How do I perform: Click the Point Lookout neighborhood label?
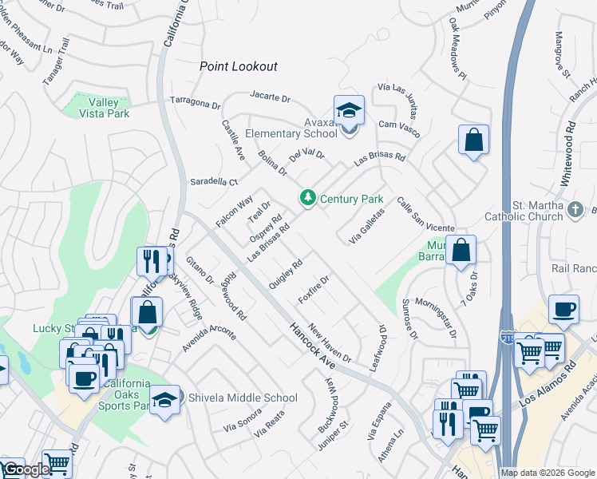[x=238, y=67]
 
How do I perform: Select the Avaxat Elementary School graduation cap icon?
[x=349, y=110]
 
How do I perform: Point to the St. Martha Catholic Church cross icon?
[x=575, y=210]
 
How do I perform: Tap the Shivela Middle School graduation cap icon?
[x=164, y=398]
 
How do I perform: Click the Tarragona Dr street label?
[x=195, y=103]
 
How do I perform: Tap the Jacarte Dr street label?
[x=270, y=97]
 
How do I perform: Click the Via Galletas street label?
[x=367, y=226]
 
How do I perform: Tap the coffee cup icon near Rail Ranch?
[x=563, y=310]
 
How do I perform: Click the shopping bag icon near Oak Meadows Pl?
[x=473, y=140]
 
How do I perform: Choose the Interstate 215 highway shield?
[x=508, y=337]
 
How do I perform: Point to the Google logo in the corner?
[x=25, y=469]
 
